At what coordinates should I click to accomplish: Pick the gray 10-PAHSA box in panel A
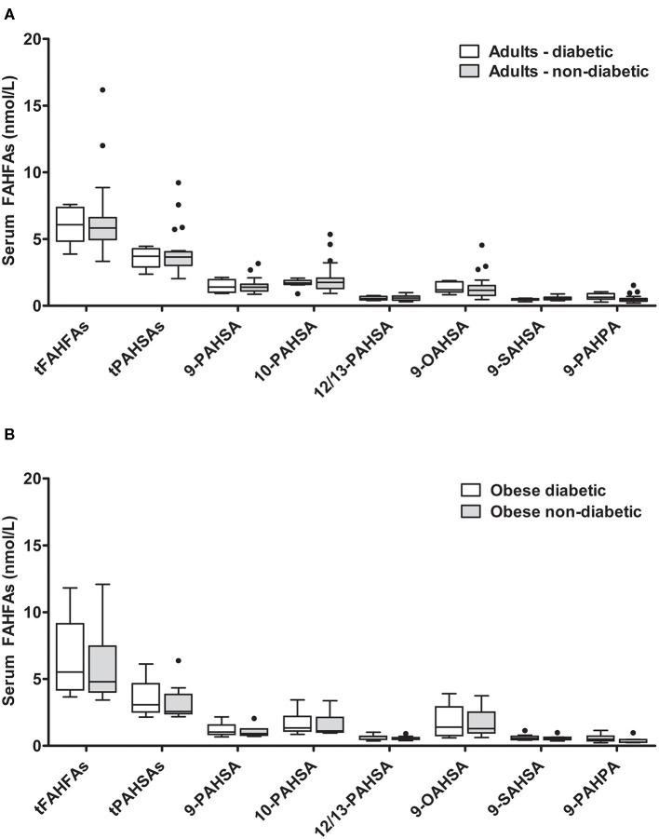click(330, 282)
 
